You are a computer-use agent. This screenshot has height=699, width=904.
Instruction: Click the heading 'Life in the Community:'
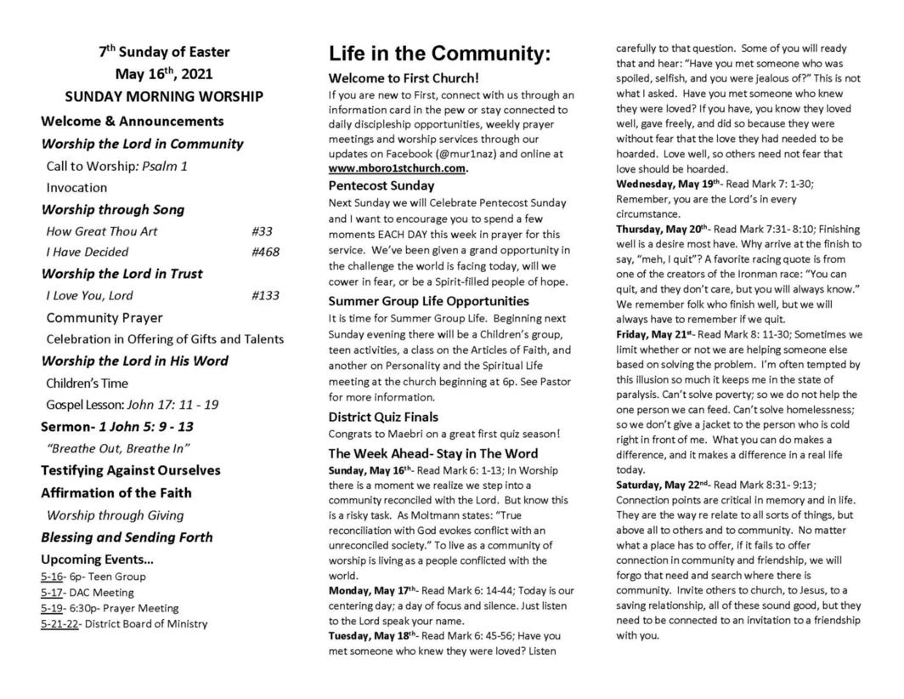point(439,55)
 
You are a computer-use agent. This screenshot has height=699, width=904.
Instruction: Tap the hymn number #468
point(265,252)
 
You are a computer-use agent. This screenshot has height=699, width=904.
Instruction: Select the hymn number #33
point(262,230)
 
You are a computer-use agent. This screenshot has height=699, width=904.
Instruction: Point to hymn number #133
point(265,296)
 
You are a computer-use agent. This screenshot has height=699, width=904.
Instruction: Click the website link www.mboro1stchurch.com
point(397,168)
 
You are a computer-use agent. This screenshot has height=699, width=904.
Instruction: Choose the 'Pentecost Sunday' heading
point(381,185)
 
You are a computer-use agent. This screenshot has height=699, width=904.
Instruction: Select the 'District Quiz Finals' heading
point(383,417)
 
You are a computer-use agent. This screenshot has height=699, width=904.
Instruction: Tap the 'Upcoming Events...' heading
point(97,560)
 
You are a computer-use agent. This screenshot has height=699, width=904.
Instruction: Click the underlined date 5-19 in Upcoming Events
point(52,608)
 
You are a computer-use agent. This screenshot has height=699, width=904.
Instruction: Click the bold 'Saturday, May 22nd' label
point(664,485)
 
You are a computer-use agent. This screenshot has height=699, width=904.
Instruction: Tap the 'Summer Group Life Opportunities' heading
point(428,301)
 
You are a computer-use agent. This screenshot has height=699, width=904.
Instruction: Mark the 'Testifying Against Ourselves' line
point(131,470)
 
